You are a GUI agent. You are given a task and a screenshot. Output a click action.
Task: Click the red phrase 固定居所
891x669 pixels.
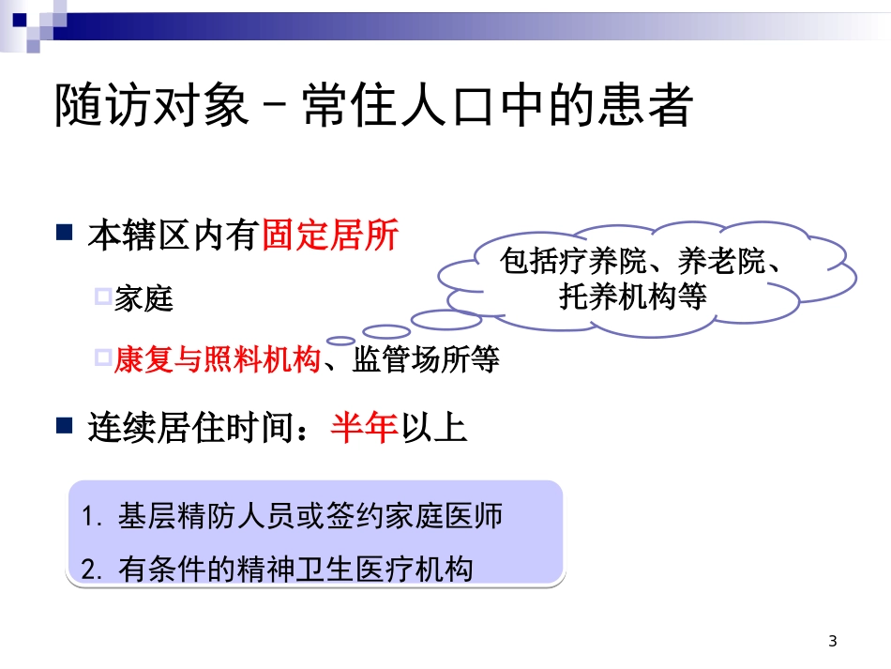(x=330, y=235)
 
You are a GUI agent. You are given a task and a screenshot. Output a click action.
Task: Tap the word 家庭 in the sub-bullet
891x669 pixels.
(x=143, y=299)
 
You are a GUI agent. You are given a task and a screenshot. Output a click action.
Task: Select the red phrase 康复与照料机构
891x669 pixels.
(x=218, y=359)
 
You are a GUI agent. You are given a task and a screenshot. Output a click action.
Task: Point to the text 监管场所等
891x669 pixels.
(x=426, y=359)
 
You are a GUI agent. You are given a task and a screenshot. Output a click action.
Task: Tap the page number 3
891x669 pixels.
(x=833, y=642)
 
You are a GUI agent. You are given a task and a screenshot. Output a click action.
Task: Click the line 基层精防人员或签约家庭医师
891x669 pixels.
(x=310, y=517)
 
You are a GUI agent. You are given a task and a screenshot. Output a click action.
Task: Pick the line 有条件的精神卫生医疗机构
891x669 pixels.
(x=295, y=569)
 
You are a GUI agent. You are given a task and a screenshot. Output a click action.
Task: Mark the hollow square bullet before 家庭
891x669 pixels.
(x=103, y=297)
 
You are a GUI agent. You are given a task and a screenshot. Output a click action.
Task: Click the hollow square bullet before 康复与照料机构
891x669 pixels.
(x=103, y=357)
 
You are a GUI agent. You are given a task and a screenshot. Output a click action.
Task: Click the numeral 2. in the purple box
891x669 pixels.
(x=91, y=570)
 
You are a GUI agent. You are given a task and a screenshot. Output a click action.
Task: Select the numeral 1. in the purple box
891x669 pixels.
(x=91, y=518)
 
